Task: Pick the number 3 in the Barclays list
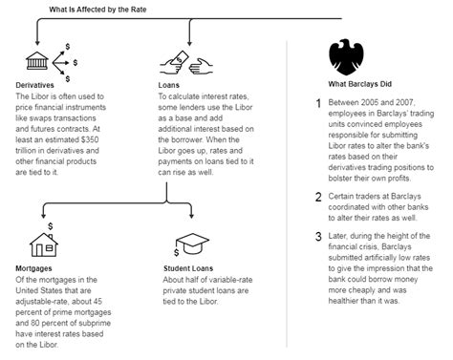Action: [x=318, y=238]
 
